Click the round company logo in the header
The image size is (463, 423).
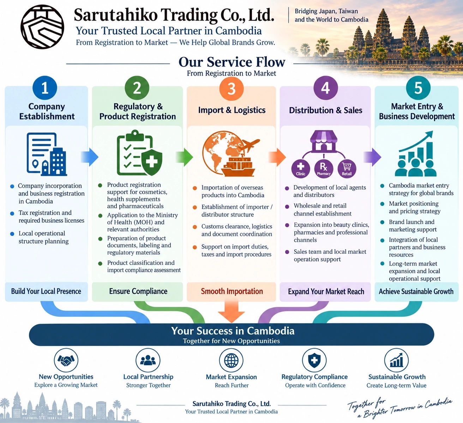[42, 27]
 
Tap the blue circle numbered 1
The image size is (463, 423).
[45, 88]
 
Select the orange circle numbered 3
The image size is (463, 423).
[231, 89]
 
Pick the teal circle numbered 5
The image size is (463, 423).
[418, 88]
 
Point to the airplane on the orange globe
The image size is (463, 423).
[249, 145]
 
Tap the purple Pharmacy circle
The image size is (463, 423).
[324, 169]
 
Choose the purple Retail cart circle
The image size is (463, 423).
[347, 169]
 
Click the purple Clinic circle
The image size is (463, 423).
[301, 169]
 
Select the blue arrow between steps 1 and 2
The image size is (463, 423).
[90, 157]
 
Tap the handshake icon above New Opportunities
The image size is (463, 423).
[66, 361]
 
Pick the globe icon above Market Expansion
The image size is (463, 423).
[231, 361]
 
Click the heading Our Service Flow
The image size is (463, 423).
[232, 62]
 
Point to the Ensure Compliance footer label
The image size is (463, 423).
[138, 291]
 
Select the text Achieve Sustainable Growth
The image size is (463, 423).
[416, 291]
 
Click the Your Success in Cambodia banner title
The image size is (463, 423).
[233, 331]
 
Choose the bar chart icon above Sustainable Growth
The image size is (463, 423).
[397, 361]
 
